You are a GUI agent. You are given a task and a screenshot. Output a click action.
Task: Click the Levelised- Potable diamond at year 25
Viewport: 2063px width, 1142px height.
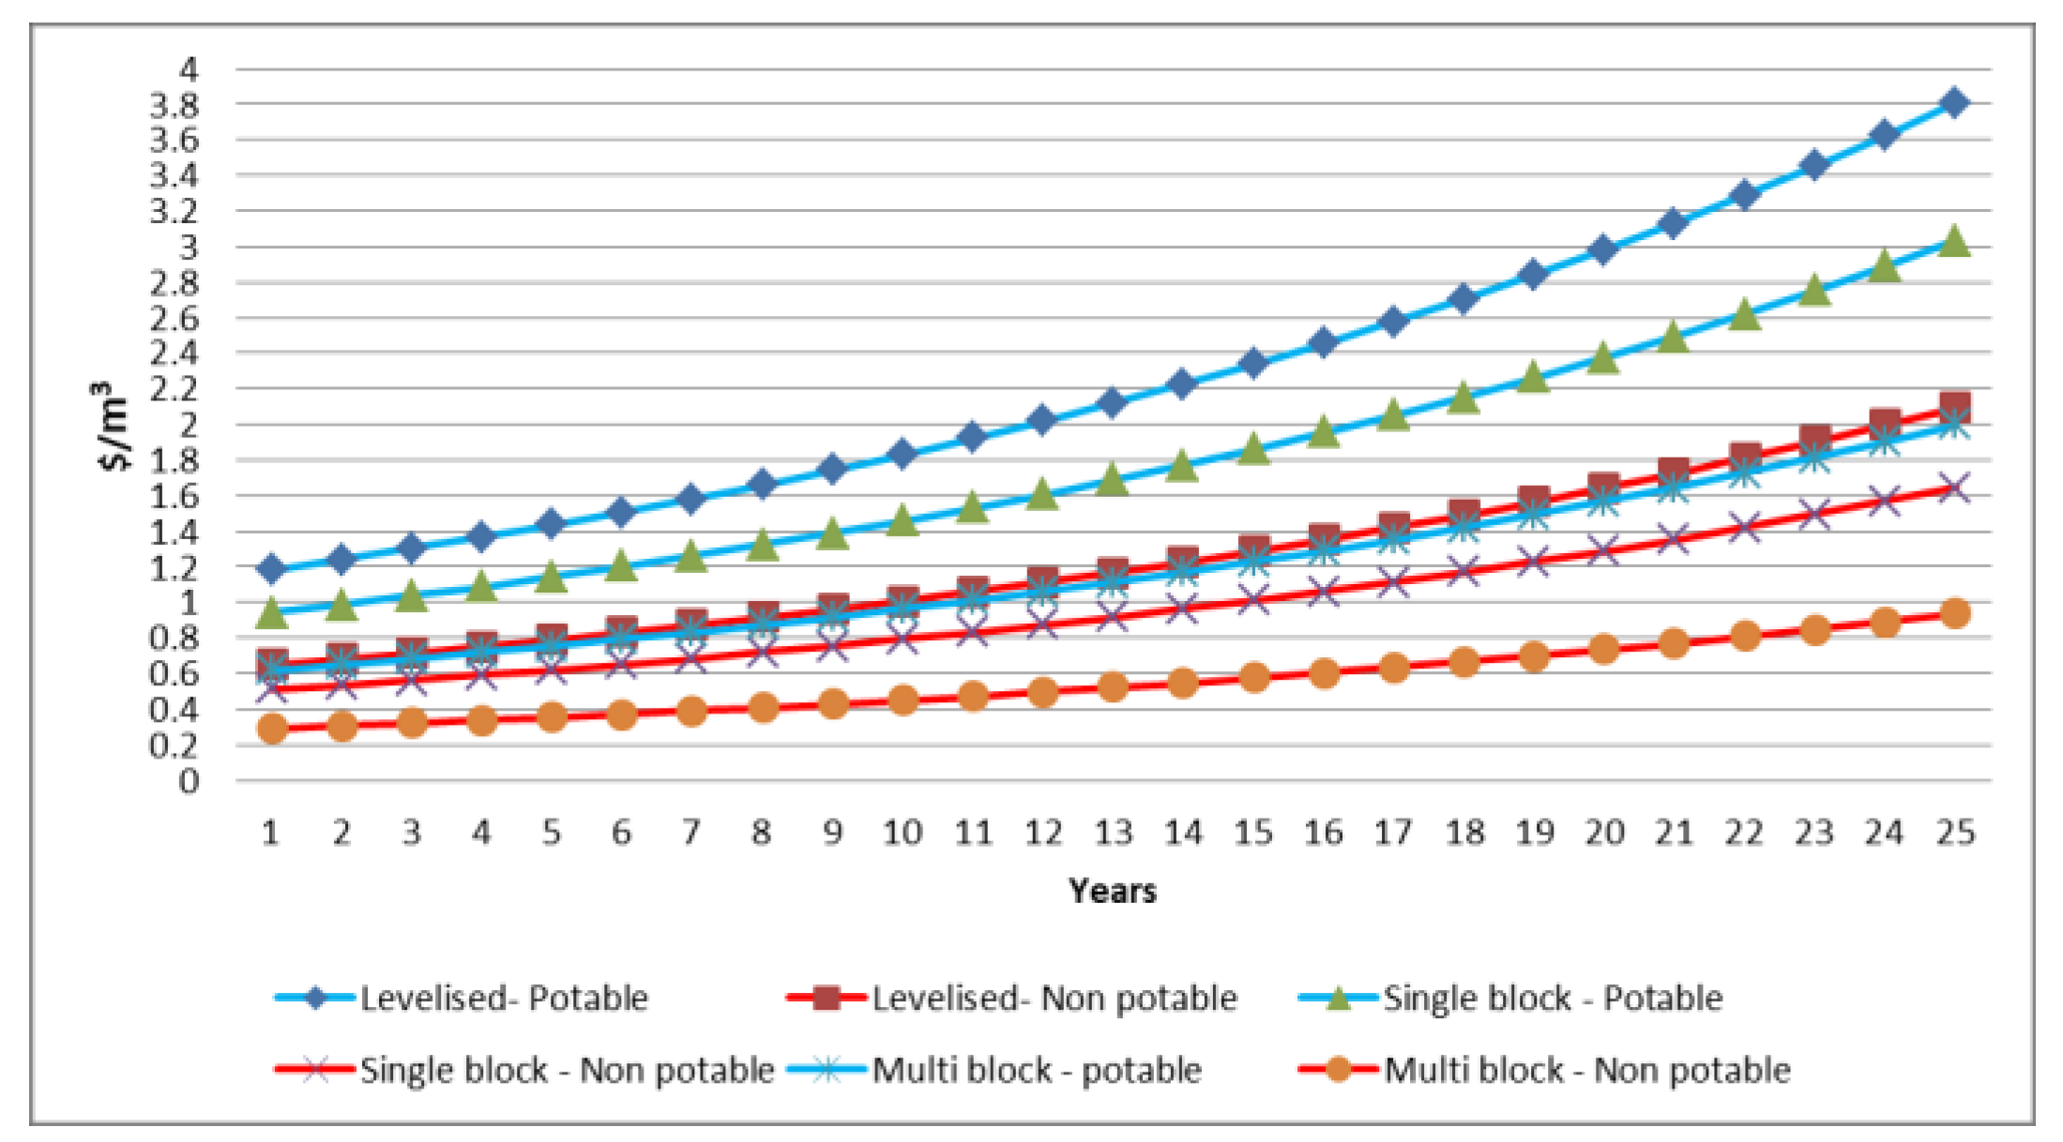(x=1954, y=102)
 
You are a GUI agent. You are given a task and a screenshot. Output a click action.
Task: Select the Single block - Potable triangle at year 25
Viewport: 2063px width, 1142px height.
(x=1954, y=241)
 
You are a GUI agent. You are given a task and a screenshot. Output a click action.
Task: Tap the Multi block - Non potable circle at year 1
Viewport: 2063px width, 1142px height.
(x=272, y=728)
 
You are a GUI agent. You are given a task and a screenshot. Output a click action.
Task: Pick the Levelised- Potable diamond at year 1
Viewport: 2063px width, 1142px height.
(x=272, y=568)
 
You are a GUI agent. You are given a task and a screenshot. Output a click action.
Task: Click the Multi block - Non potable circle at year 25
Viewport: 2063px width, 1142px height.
(x=1954, y=613)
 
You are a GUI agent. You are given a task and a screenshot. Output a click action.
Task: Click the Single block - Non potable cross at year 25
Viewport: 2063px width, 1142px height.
(x=1954, y=488)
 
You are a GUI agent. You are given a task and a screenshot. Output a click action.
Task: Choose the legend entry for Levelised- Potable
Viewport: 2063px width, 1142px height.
(x=504, y=999)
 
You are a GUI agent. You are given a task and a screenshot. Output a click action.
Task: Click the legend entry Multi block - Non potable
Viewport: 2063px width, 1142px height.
(x=1586, y=1070)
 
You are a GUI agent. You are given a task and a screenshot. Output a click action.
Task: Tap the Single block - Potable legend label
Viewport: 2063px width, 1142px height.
(x=1553, y=999)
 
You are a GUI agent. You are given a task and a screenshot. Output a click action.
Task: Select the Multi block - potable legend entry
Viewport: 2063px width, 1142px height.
(x=1036, y=1070)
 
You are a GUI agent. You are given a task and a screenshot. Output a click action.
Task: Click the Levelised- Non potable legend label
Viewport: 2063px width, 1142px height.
(x=1054, y=999)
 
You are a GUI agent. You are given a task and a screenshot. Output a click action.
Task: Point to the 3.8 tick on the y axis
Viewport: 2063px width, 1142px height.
(x=175, y=105)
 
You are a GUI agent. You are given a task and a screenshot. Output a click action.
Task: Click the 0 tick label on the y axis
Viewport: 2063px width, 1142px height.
(x=190, y=781)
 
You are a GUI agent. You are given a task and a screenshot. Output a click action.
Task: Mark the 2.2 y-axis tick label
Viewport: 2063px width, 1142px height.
(x=175, y=389)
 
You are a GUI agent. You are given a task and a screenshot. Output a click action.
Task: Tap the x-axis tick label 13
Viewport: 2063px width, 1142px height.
(x=1113, y=833)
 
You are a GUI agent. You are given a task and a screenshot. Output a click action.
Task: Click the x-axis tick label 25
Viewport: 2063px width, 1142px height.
(x=1955, y=833)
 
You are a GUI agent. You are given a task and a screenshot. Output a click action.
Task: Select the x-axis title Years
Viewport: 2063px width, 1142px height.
(x=1113, y=891)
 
